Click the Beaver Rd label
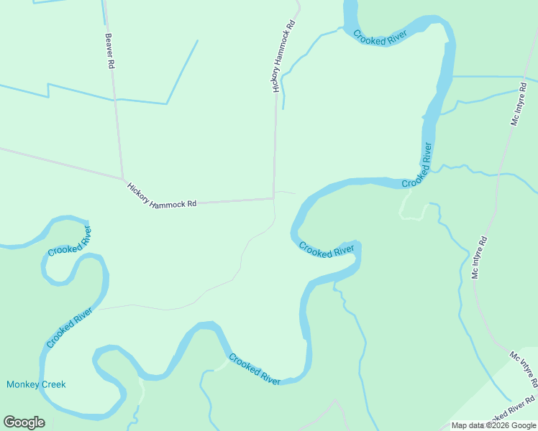tap(110, 51)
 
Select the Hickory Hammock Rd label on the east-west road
tap(162, 195)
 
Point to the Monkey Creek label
tap(36, 384)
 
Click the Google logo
tap(24, 422)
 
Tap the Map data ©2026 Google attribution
tap(493, 425)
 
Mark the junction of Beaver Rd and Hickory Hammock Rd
tap(123, 179)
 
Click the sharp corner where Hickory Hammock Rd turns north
tap(273, 198)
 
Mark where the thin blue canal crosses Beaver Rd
tap(115, 99)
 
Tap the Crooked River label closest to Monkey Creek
tap(70, 326)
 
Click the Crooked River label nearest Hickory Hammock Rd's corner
tap(327, 250)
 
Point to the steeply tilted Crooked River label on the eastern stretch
tap(418, 166)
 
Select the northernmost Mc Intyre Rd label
tap(519, 104)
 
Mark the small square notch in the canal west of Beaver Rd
tap(49, 91)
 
